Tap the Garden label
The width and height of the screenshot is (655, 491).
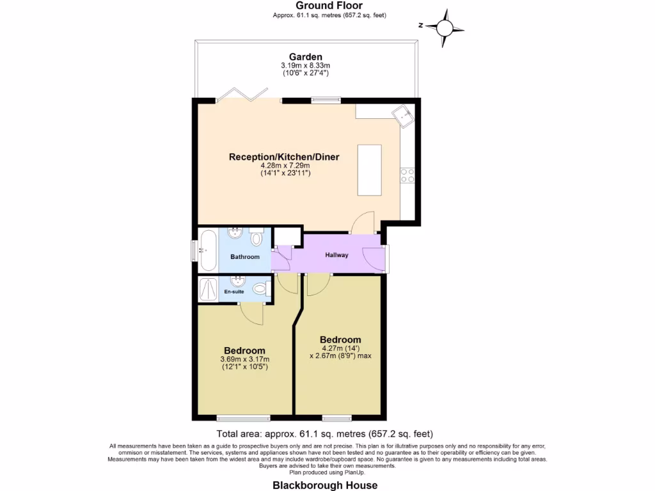click(305, 56)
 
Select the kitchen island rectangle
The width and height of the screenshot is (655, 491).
click(370, 171)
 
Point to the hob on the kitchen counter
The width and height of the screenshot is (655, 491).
click(407, 175)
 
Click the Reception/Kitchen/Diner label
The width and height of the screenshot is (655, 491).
click(284, 157)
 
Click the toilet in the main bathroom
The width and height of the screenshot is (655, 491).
click(256, 238)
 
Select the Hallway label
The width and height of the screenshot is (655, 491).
click(336, 255)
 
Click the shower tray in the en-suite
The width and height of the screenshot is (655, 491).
click(208, 289)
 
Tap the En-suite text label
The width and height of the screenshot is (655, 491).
click(233, 292)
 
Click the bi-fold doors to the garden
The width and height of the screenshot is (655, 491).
click(242, 95)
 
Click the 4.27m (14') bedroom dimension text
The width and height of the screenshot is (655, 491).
click(340, 348)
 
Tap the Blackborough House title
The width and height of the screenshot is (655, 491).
click(325, 485)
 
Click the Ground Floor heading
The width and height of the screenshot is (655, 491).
click(329, 6)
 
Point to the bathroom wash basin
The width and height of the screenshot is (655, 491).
click(235, 232)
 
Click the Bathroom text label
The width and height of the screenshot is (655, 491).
click(245, 257)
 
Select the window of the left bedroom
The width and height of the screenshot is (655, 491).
click(235, 418)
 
